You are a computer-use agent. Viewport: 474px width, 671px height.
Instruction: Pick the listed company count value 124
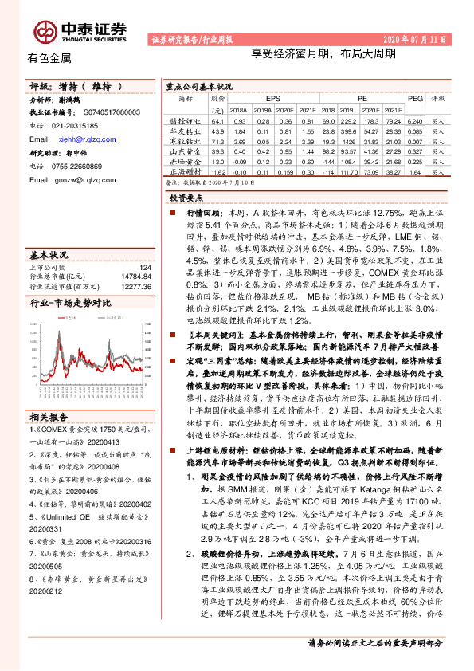coord(144,267)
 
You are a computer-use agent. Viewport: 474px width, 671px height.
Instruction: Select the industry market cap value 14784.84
coord(135,276)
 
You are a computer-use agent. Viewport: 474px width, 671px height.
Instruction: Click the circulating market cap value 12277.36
coord(135,284)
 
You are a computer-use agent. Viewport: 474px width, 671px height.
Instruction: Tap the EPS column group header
coord(272,98)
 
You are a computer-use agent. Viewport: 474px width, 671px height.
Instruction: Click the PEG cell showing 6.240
coord(414,120)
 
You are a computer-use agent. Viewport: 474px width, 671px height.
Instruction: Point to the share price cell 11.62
coord(218,171)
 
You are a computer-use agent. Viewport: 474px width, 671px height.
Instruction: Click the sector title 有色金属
coord(49,57)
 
